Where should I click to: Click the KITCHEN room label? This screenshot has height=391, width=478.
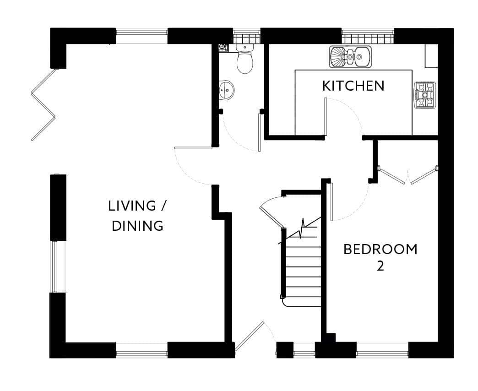coord(353,86)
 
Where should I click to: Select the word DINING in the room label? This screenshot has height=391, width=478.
coord(137,226)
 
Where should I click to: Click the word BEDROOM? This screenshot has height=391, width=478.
coord(380,249)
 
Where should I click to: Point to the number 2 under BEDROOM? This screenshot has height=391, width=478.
coord(380,266)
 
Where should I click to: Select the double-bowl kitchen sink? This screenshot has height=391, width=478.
coord(350,56)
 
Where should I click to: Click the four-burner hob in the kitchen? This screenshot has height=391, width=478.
coord(424,95)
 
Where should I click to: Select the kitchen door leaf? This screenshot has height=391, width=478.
coord(325,116)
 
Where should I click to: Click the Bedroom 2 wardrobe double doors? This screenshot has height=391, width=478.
coord(407,175)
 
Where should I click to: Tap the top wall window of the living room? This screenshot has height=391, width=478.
coord(141,36)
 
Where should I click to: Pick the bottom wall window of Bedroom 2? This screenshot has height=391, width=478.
coord(382,350)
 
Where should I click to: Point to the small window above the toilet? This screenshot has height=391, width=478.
coord(247,36)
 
